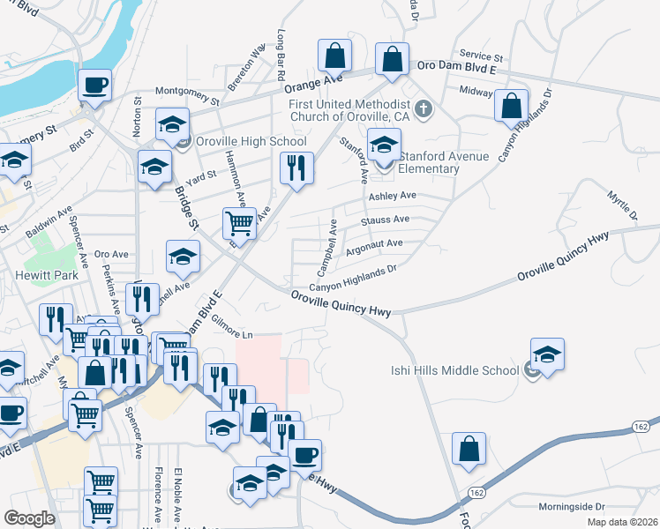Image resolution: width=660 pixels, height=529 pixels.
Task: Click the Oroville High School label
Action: [251, 142]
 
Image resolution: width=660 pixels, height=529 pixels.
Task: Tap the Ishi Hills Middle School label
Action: [455, 370]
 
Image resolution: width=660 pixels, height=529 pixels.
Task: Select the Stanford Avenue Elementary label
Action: [430, 162]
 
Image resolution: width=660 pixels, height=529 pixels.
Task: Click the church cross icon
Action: [424, 109]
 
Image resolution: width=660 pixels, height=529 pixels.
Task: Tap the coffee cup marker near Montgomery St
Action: [94, 86]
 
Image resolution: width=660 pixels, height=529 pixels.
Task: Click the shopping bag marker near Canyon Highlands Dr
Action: [512, 105]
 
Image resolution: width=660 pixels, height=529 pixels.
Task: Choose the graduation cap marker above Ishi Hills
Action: [547, 354]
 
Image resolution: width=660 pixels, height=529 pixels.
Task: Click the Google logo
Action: [28, 518]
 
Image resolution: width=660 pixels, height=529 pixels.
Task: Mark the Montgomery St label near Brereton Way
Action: [191, 91]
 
